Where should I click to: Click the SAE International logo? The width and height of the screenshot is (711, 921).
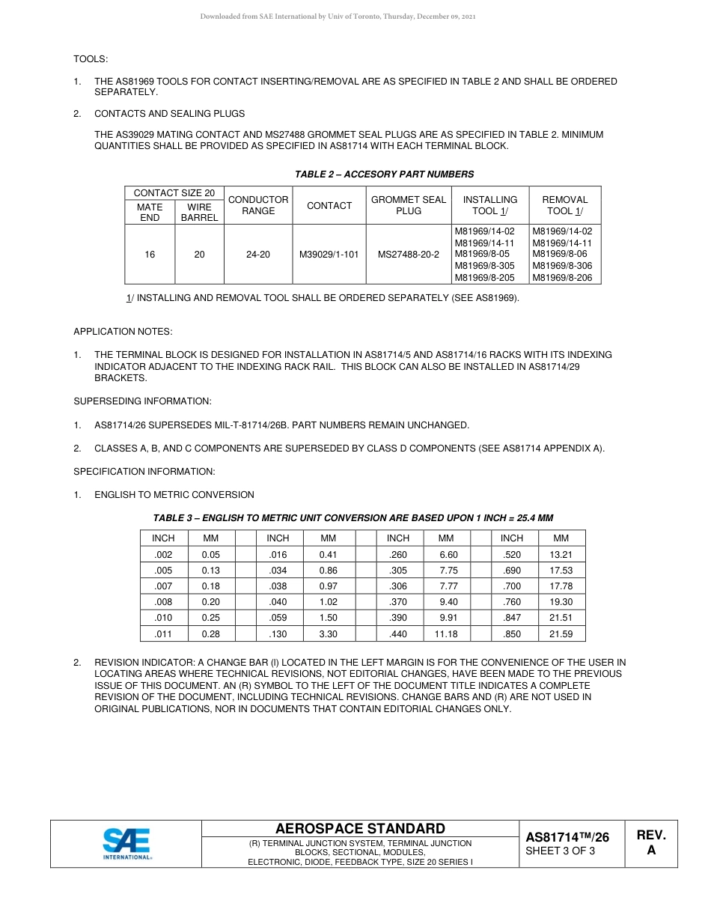pyautogui.click(x=126, y=844)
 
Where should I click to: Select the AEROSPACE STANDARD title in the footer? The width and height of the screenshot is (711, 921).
pyautogui.click(x=360, y=828)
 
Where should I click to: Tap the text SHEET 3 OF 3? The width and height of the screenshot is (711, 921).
pyautogui.click(x=560, y=851)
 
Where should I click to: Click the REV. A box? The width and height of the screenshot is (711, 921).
pyautogui.click(x=651, y=842)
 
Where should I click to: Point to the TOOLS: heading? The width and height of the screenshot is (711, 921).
pyautogui.click(x=91, y=58)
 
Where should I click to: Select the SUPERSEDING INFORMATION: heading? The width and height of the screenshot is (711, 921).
pyautogui.click(x=142, y=401)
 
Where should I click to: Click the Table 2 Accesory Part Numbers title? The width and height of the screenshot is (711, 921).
pyautogui.click(x=384, y=174)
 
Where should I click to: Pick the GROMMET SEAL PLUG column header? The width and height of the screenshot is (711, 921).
pyautogui.click(x=409, y=205)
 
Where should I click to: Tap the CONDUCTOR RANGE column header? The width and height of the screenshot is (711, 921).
pyautogui.click(x=258, y=205)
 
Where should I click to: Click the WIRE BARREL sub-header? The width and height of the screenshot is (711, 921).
pyautogui.click(x=199, y=212)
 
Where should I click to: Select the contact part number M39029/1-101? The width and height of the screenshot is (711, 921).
pyautogui.click(x=329, y=255)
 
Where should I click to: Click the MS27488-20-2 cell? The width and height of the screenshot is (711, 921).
pyautogui.click(x=409, y=255)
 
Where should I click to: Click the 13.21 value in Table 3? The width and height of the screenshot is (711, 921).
pyautogui.click(x=561, y=555)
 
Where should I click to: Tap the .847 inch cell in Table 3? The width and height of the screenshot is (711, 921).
pyautogui.click(x=512, y=618)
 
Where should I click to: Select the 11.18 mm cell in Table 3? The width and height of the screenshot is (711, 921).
pyautogui.click(x=446, y=634)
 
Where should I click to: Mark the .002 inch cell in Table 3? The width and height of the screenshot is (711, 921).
pyautogui.click(x=163, y=555)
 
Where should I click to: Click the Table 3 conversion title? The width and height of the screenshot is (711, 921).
pyautogui.click(x=353, y=518)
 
